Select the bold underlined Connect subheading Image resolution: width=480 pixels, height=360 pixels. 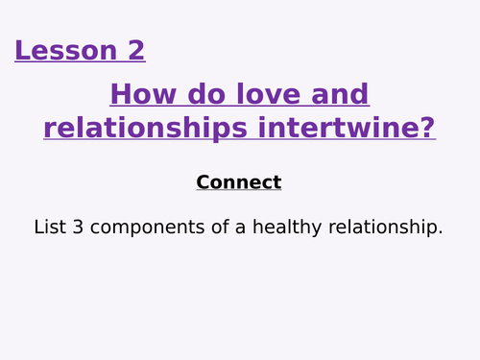(239, 182)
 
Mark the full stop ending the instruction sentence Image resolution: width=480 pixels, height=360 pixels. (441, 233)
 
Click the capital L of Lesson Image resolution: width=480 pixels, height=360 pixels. (22, 50)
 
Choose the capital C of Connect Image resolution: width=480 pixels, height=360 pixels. (203, 182)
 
